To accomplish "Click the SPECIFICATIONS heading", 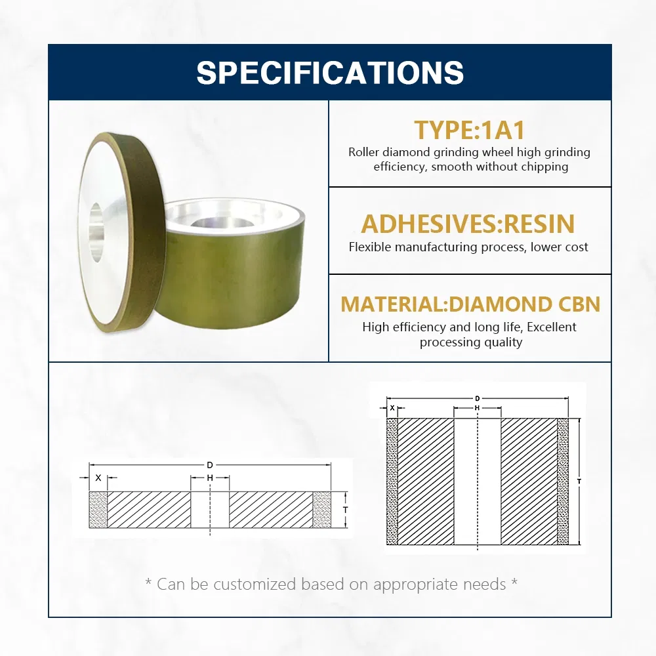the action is pos(330,72).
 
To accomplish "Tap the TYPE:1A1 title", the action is pos(470,130).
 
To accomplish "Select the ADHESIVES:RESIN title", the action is pos(468,224).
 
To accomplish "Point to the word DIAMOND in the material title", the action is pos(501,304).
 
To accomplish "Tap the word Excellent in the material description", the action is pos(552,327).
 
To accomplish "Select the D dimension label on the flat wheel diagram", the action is pos(210,465).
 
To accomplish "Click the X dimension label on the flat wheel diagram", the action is pos(98,478).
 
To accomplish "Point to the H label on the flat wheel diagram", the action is pos(210,478).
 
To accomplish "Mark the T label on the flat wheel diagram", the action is pos(346,510).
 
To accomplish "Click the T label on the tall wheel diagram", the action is pos(579,482).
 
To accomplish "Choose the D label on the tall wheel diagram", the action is pos(478,399).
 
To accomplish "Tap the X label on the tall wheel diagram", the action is pos(392,407).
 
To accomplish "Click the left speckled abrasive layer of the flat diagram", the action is pos(98,510).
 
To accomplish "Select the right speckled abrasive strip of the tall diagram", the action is pos(563,482).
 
